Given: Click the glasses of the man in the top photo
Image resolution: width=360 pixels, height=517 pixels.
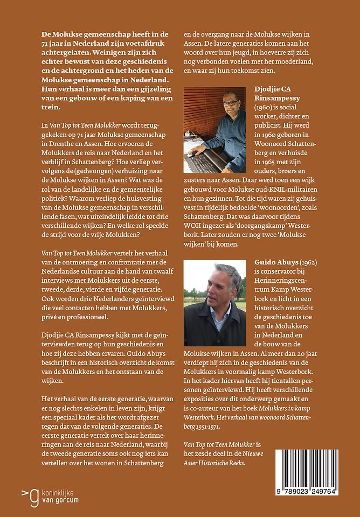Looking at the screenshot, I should coord(231,103).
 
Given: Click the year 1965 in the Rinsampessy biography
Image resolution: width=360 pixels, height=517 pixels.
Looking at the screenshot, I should coord(271,160).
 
